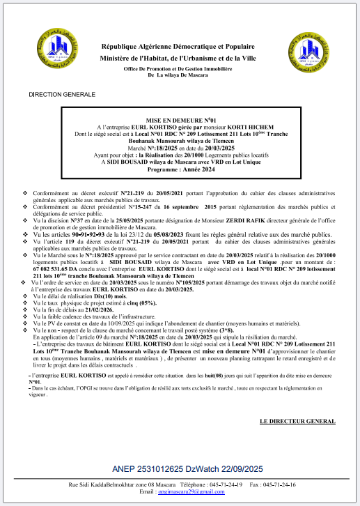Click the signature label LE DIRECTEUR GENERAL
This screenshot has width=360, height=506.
[297, 422]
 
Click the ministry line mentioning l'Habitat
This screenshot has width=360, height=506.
[180, 58]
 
